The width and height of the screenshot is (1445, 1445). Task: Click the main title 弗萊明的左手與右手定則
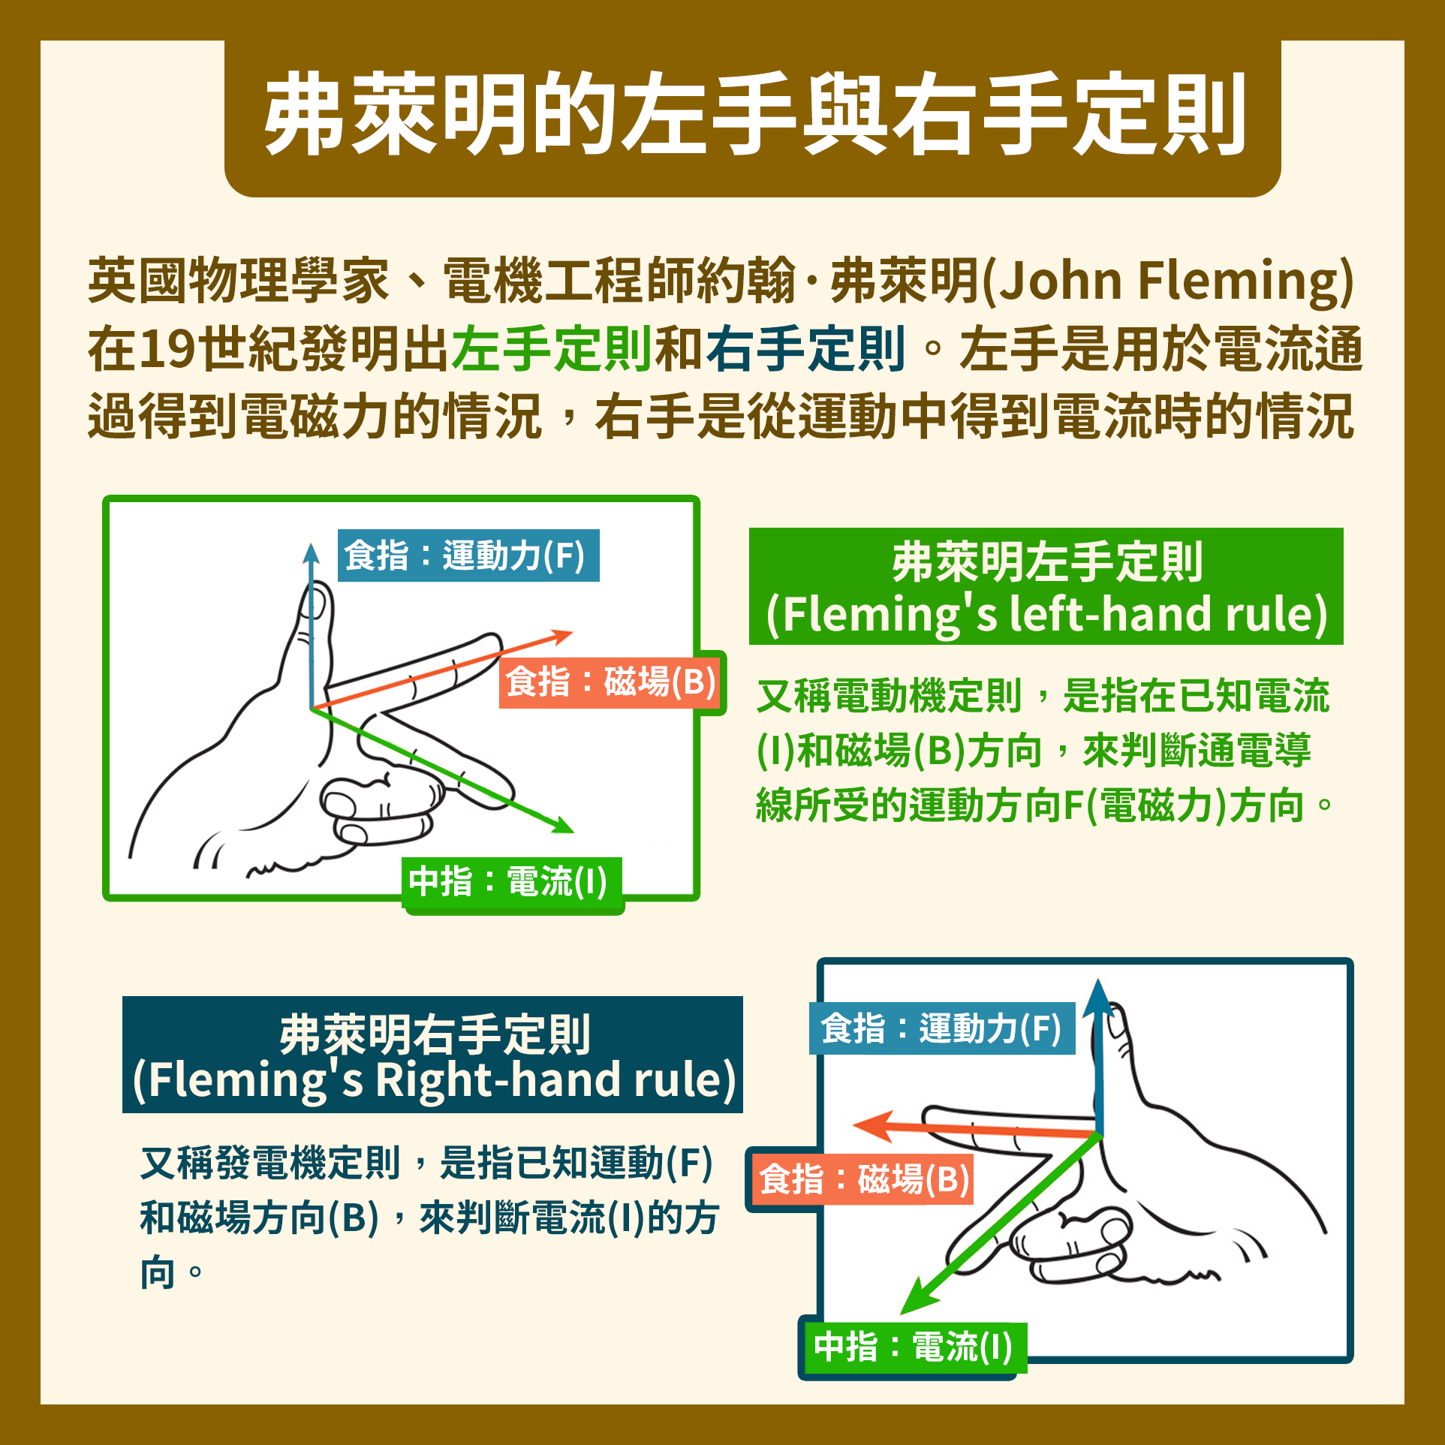coord(753,114)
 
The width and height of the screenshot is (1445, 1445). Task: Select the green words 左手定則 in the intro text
coord(552,349)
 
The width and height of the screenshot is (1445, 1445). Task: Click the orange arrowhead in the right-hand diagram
coord(871,1126)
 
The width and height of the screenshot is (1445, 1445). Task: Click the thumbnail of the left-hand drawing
coord(402,698)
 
